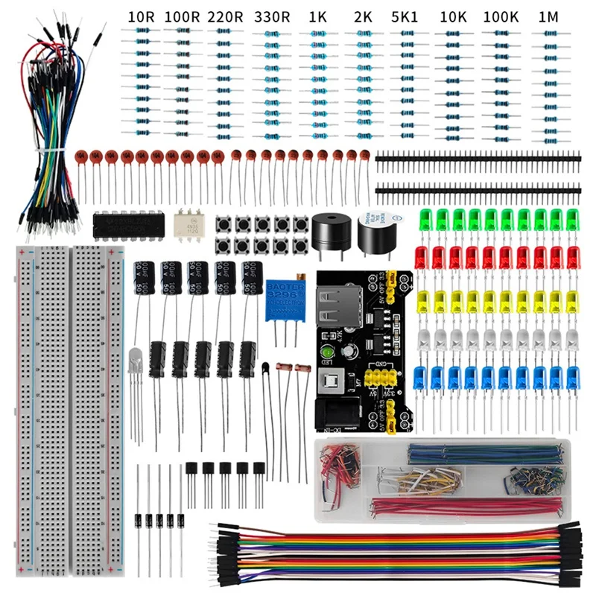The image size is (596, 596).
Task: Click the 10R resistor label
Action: tap(141, 16)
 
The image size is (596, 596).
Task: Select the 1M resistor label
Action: tap(549, 16)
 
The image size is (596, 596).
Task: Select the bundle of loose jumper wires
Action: tap(51, 127)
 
